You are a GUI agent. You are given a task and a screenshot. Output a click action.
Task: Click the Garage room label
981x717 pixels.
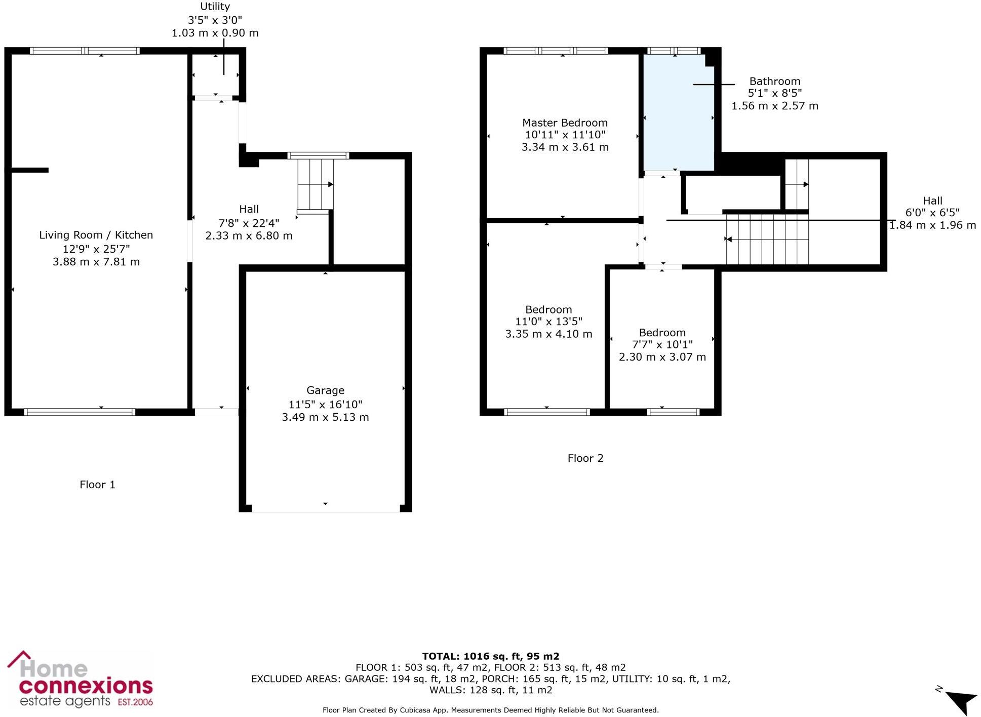click(325, 390)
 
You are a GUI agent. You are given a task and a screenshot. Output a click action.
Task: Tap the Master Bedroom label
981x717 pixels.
click(565, 123)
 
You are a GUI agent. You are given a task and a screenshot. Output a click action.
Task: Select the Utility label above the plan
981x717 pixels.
click(215, 7)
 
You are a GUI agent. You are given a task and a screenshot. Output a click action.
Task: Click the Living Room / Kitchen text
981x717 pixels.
click(96, 235)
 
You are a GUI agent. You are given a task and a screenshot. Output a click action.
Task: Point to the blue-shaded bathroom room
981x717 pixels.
click(678, 116)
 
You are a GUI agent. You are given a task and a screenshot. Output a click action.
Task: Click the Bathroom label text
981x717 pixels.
click(774, 81)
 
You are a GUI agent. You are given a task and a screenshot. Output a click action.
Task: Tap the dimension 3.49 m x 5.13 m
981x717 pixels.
click(325, 417)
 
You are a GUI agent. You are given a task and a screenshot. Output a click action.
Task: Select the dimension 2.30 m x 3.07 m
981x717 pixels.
click(662, 357)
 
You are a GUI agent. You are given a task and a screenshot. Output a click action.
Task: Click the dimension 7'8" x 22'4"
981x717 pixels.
click(249, 223)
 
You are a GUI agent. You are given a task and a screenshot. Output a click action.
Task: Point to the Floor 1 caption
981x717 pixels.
click(97, 485)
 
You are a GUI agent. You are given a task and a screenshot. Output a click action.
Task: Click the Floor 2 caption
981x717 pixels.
click(585, 458)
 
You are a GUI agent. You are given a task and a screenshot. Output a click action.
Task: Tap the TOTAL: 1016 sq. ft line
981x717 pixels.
click(490, 657)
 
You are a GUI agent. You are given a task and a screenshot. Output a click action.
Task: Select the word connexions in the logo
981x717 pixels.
click(86, 687)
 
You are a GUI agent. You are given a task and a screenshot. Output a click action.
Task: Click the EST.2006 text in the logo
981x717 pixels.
click(135, 702)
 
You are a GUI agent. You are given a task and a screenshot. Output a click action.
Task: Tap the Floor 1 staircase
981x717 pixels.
click(315, 184)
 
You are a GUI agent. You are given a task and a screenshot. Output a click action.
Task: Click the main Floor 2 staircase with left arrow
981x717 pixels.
click(767, 239)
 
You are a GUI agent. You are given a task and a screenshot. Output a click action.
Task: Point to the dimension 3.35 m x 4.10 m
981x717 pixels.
click(548, 334)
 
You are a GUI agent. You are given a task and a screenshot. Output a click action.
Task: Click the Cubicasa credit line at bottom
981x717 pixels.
click(490, 710)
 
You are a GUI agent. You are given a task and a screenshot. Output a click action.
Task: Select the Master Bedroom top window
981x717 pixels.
click(556, 51)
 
